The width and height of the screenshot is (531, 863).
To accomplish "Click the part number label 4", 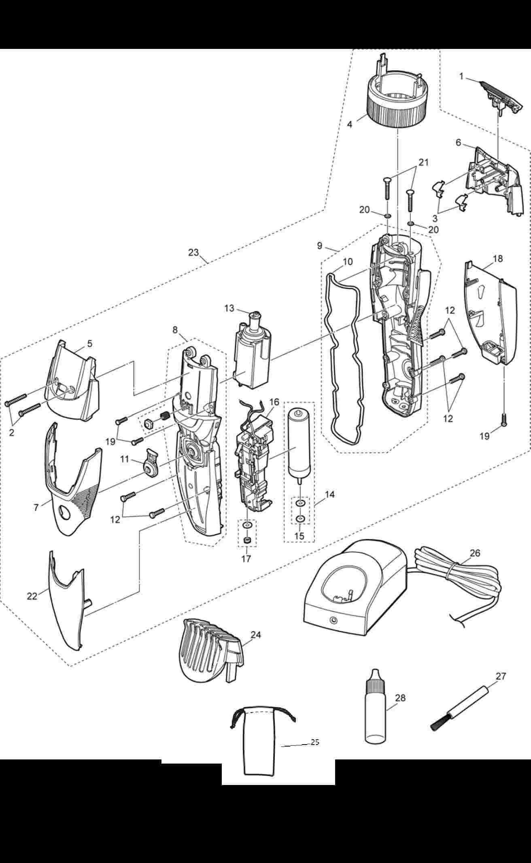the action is (x=349, y=124).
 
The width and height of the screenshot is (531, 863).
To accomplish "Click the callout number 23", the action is (x=193, y=253).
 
